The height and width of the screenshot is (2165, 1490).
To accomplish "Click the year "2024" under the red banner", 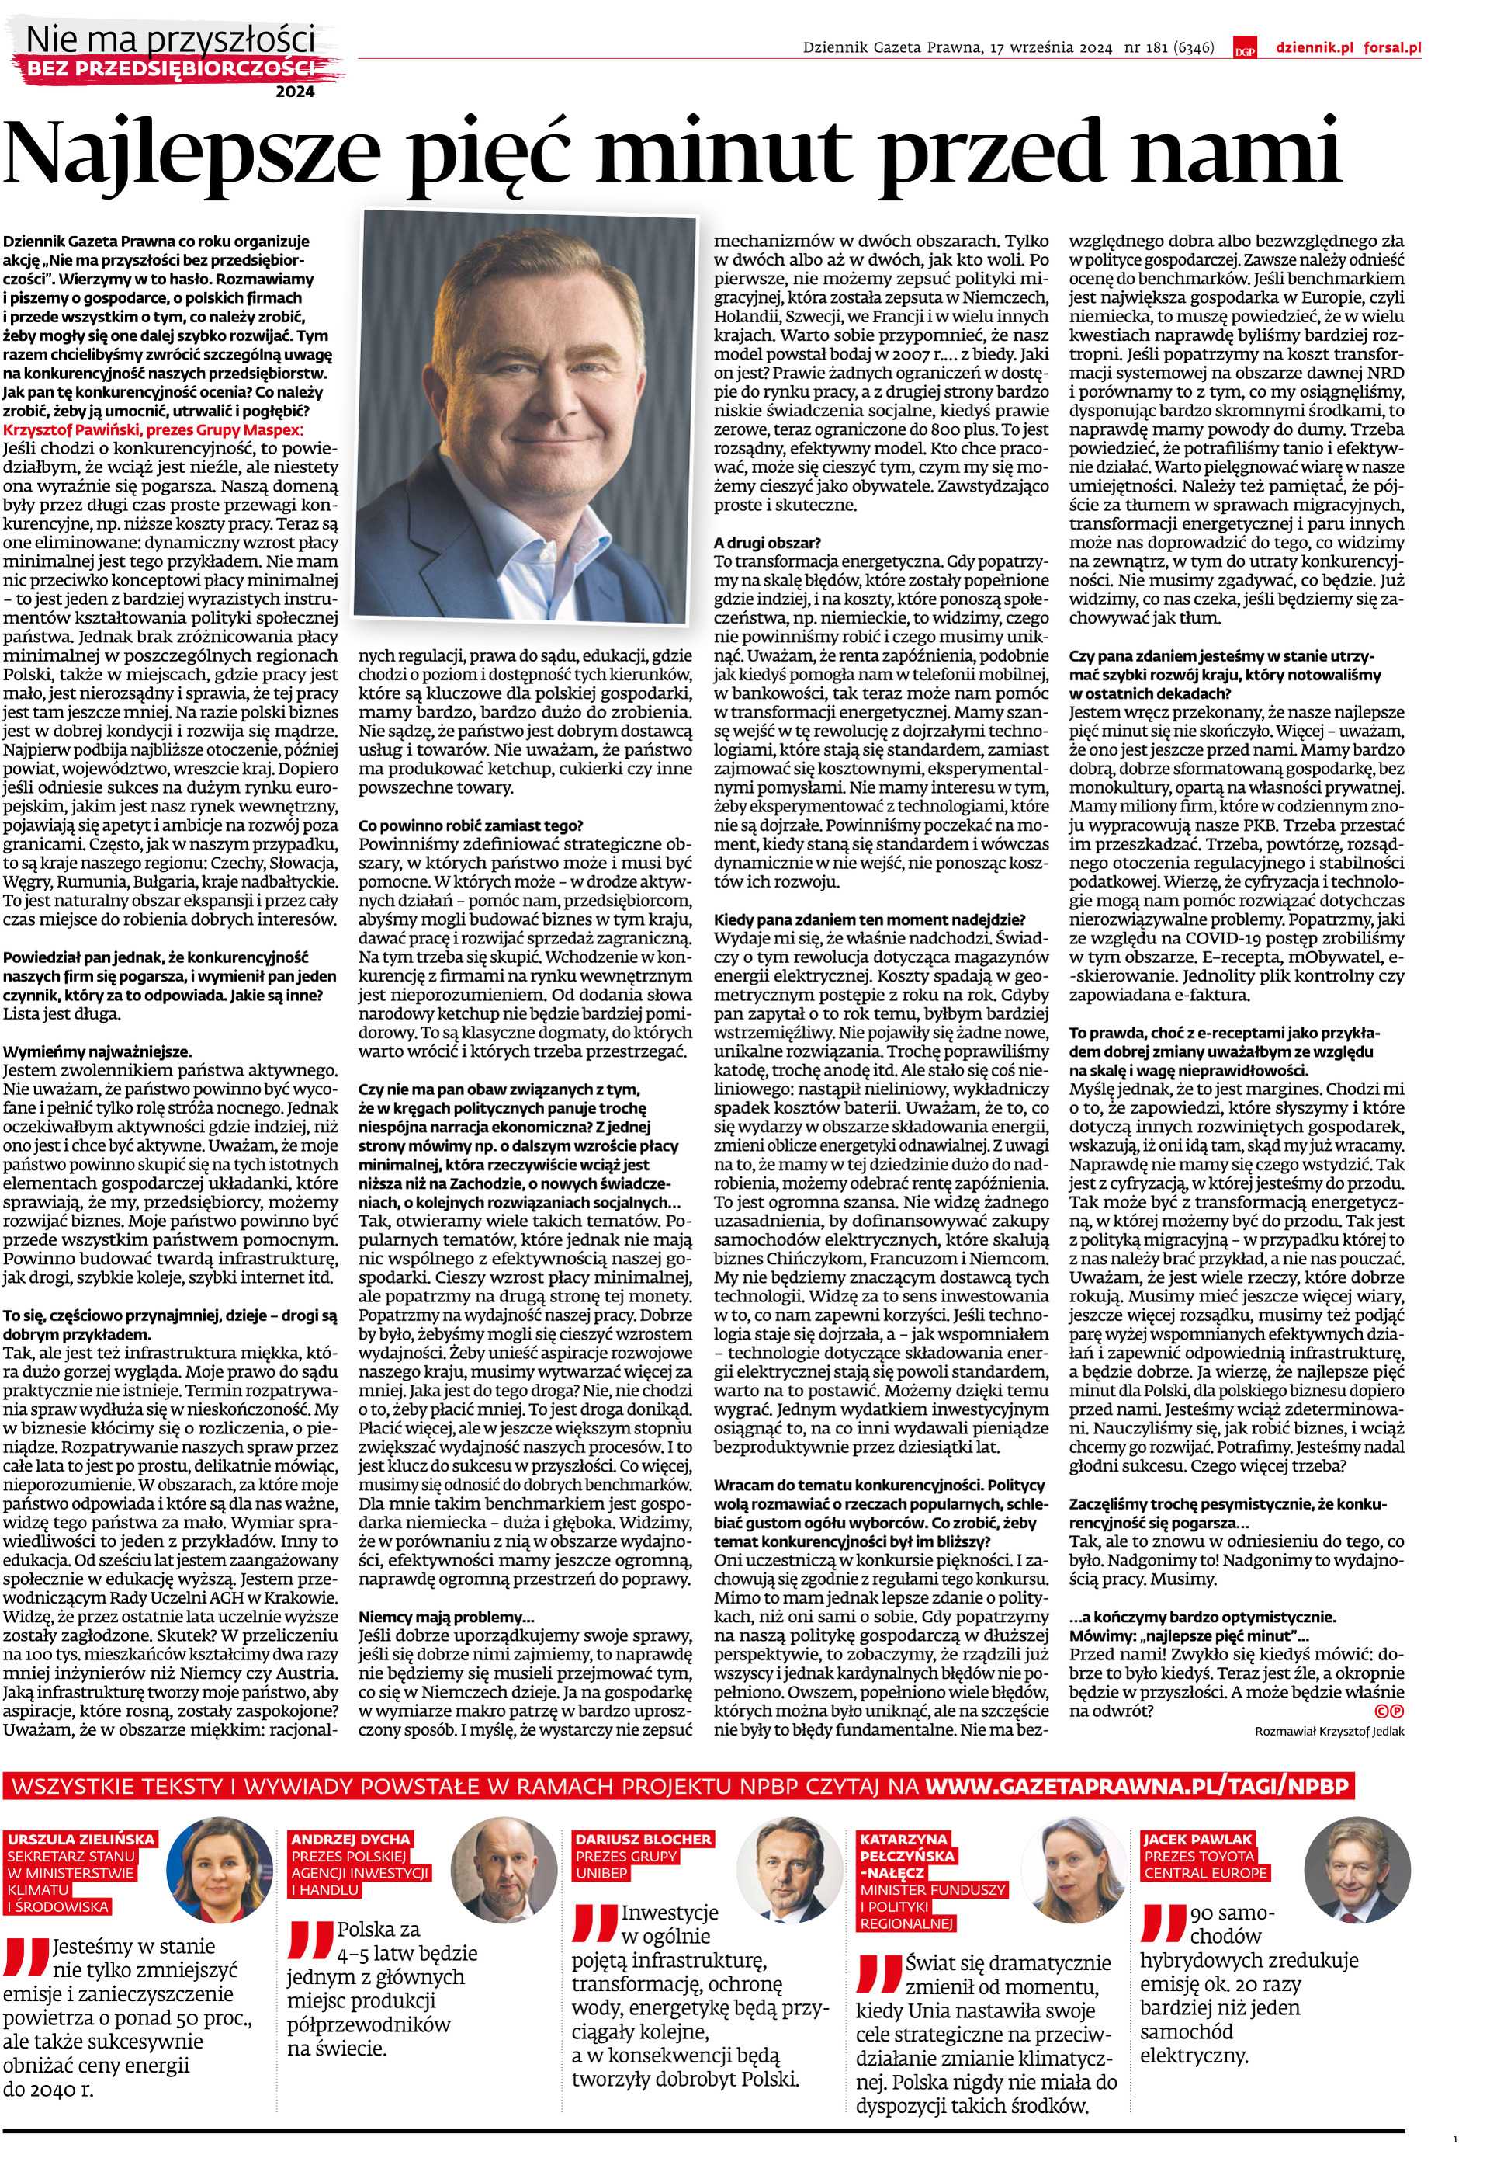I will point(295,92).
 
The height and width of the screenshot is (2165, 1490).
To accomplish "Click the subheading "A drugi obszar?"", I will point(768,542).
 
